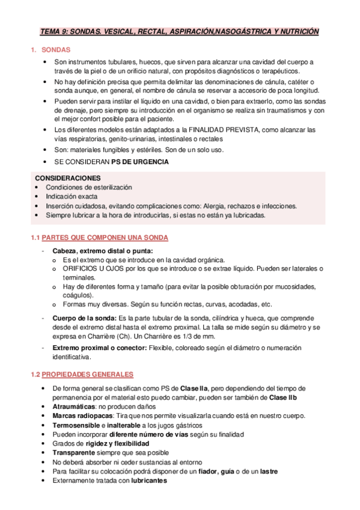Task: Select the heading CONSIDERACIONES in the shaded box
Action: tap(68, 178)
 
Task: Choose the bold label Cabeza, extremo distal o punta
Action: tap(103, 251)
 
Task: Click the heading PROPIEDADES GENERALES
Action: tap(87, 374)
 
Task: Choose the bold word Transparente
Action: tap(75, 452)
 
